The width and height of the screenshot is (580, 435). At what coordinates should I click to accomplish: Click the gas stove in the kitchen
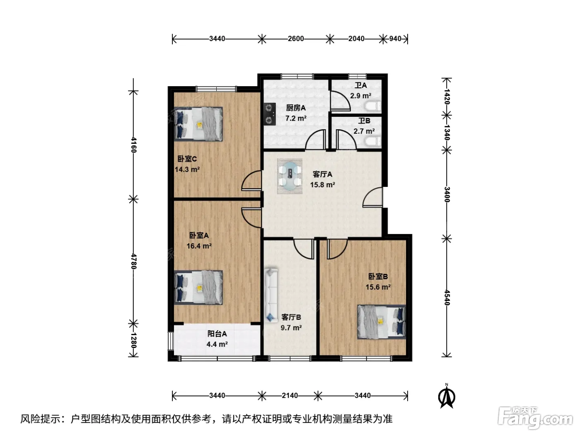coord(270,114)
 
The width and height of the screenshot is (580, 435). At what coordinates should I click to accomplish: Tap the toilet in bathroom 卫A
coord(373,106)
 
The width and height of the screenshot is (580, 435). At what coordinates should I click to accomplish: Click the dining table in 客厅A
coord(290,176)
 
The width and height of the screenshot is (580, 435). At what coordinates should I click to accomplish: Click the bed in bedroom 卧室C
coord(198,124)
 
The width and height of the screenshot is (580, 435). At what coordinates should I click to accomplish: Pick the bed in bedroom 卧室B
coord(382,322)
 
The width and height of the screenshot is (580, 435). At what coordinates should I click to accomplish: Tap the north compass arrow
coord(447,396)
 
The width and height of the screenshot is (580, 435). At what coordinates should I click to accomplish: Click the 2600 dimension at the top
coord(296,39)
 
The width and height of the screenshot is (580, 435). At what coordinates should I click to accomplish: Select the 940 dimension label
coord(395,39)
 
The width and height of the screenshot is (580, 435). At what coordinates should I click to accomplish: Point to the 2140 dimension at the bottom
coord(290,395)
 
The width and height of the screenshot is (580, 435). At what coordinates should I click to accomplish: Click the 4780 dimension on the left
coord(134,261)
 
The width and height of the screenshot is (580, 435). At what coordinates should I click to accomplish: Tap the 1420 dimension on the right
coord(447,97)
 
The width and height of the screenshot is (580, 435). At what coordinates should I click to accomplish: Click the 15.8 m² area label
coord(322,185)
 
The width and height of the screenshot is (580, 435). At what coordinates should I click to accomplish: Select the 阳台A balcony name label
coord(217,334)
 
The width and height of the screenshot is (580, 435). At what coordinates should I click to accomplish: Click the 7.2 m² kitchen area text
coord(296,118)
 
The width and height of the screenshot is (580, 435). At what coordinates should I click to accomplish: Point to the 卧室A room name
coord(199,235)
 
